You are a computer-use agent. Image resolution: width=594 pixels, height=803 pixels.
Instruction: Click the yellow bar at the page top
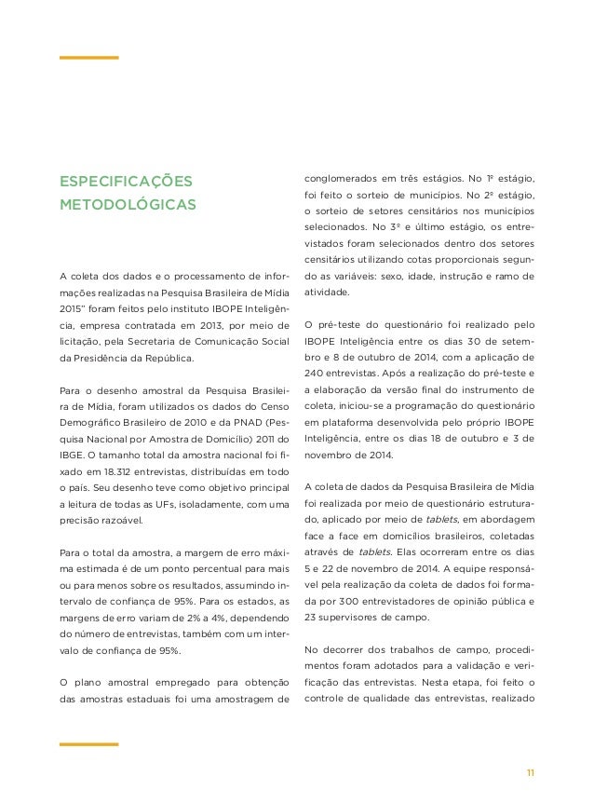88,58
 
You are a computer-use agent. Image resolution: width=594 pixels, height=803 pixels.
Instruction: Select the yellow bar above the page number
88,744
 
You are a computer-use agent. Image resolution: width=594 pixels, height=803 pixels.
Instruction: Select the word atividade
328,292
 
